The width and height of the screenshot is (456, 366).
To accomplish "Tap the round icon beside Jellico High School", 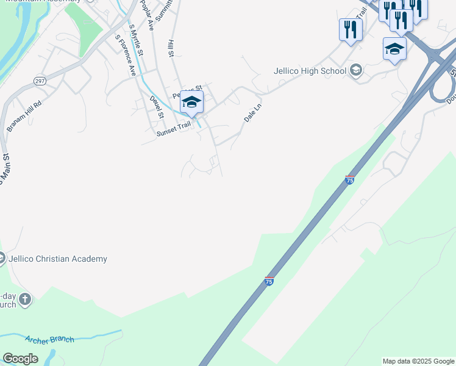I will coord(355,70).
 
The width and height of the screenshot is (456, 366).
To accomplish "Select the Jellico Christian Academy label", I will coord(59,259).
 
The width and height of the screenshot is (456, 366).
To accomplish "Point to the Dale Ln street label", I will coord(252,113).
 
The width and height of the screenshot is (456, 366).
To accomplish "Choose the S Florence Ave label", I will coord(126,55).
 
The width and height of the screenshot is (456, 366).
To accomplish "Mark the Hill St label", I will coord(171,49).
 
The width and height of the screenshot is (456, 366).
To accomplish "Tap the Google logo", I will coord(20,359).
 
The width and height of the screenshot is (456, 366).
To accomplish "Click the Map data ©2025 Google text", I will coord(418,361).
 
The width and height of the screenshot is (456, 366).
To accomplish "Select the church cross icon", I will coord(24,299).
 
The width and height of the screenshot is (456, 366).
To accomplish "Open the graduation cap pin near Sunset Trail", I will coord(191,102).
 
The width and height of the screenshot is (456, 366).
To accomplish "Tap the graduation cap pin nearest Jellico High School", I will coord(394,49).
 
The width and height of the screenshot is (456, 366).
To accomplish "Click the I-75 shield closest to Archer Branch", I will coord(269,281).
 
